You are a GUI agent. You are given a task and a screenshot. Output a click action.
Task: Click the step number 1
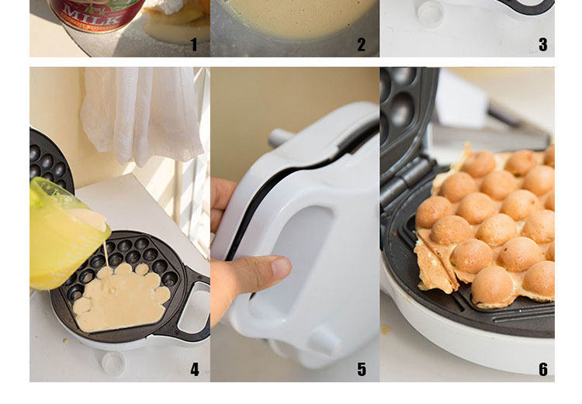[194, 44]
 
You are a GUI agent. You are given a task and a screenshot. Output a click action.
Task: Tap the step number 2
[361, 44]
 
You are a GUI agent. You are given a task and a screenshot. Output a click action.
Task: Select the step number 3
[543, 44]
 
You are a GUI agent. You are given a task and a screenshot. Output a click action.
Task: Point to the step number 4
[195, 370]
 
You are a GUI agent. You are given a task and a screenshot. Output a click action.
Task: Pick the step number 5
[362, 370]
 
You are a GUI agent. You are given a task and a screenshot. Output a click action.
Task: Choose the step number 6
[543, 370]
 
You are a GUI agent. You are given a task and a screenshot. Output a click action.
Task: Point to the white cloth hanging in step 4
[143, 115]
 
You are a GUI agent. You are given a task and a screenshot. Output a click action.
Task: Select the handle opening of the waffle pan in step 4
[194, 307]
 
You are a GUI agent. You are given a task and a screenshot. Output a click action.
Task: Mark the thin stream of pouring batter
[106, 254]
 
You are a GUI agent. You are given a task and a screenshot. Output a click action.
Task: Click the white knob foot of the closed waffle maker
[324, 340]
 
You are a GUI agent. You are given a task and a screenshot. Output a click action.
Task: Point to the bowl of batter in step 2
[295, 19]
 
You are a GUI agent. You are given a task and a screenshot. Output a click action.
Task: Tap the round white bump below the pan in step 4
[113, 362]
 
